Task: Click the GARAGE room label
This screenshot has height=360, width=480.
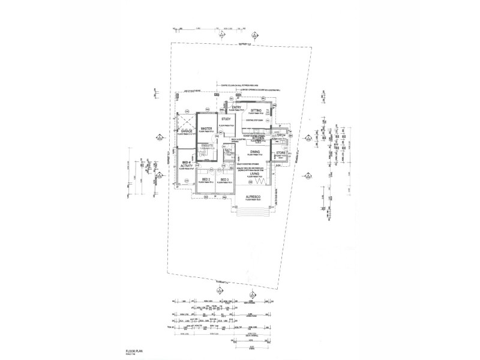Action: click(186, 130)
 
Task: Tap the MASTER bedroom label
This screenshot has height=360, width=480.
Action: click(208, 129)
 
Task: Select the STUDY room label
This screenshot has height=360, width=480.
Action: click(226, 119)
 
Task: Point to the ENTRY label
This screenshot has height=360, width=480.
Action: click(236, 107)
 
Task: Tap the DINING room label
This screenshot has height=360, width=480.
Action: click(255, 152)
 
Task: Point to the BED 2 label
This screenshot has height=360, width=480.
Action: click(206, 179)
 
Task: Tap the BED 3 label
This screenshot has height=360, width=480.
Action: click(224, 179)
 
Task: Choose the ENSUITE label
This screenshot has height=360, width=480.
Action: click(208, 145)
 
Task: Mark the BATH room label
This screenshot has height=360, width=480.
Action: click(228, 151)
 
